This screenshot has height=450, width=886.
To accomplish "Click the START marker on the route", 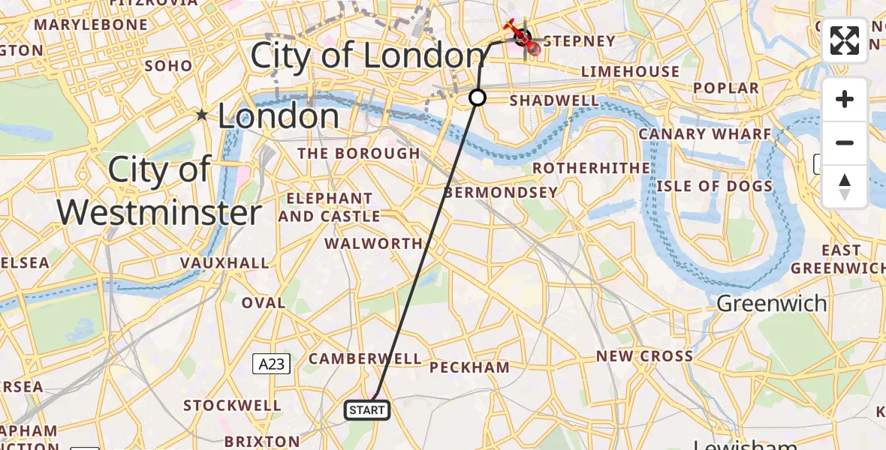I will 367,410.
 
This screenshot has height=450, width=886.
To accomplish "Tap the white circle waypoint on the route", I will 478,97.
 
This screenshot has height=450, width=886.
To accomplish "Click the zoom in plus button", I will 845,100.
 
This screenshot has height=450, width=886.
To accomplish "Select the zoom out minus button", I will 845,143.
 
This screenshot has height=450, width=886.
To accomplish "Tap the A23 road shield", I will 270,364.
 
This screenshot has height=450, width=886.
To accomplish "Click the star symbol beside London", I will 201,115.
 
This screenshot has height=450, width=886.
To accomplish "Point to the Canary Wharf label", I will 705,134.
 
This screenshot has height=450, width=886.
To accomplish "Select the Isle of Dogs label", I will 715,186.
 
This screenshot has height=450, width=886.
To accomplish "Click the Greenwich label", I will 772,304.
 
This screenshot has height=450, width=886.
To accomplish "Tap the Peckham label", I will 469,367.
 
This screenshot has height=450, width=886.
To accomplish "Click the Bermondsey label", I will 501,192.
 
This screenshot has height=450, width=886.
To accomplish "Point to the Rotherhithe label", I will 592,167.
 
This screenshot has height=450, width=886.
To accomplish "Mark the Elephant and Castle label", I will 330,208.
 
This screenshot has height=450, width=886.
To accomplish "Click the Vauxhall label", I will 225,262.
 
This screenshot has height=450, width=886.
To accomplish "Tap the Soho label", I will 169,66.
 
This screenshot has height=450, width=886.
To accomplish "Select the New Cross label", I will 644,356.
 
